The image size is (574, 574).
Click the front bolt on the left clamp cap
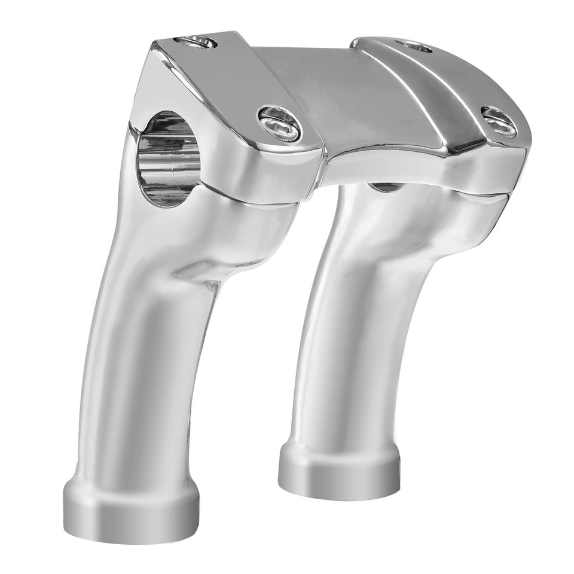point(280,124)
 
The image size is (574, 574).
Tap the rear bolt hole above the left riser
point(196,42)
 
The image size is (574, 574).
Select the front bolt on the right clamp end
point(499,122)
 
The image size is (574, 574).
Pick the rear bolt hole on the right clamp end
point(414,46)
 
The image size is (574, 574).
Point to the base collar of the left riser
point(132,508)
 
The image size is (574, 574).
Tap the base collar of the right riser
point(339,472)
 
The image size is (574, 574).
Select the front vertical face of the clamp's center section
point(389,164)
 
